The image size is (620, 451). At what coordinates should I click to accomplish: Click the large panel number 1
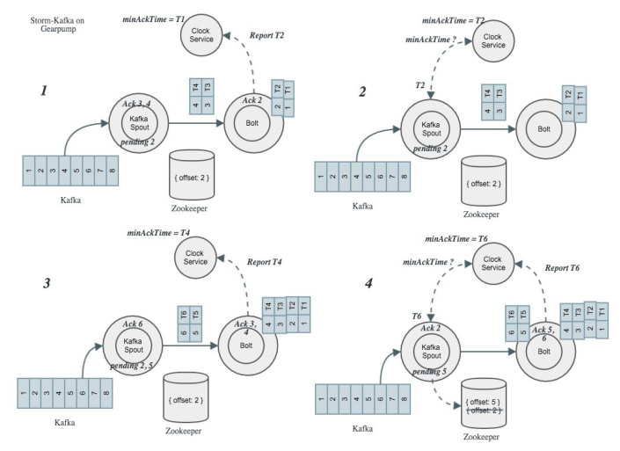coord(42,91)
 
